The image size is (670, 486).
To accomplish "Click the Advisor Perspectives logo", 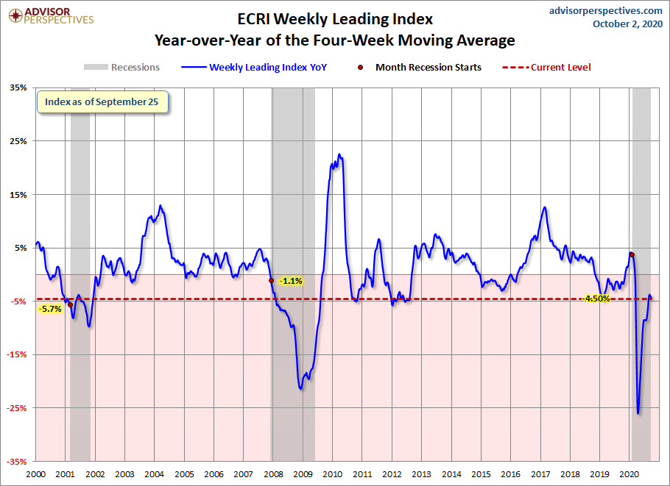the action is click(51, 15).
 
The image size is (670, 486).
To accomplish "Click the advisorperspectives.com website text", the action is click(605, 11).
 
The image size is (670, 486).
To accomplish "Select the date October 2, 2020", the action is click(627, 24).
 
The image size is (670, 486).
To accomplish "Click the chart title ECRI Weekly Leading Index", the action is click(335, 19).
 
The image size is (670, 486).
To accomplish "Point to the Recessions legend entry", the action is click(121, 67).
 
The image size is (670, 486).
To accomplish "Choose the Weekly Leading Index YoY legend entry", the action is click(254, 67).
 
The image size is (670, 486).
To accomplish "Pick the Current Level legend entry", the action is click(546, 67).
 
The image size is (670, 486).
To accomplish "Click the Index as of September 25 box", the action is click(102, 102).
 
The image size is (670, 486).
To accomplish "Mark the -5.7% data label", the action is click(50, 309).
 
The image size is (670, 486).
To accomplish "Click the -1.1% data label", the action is click(291, 281).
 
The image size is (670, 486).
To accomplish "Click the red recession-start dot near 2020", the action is click(632, 254).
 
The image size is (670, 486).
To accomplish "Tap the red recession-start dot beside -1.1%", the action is click(272, 280).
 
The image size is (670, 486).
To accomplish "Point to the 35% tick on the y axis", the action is click(18, 87).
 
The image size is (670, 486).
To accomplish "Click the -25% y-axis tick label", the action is click(17, 408).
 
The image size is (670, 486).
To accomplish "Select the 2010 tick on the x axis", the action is click(333, 474).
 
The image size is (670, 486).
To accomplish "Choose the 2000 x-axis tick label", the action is click(35, 474).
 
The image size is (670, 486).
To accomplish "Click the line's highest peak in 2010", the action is click(339, 154).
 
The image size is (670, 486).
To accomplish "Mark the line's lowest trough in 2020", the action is click(638, 413).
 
